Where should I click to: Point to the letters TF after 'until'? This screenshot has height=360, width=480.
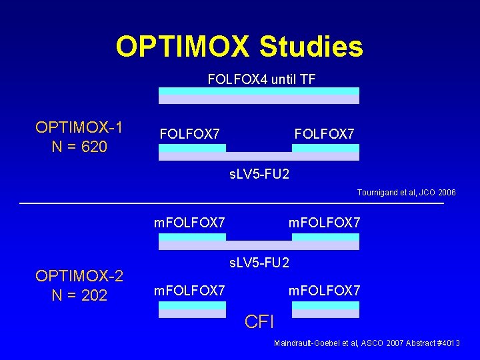307,79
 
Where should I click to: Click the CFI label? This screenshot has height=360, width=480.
259,323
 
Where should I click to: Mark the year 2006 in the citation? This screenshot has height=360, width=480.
447,192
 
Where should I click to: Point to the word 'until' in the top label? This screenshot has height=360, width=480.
281,79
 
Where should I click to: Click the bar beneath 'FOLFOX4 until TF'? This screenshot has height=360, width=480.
259,96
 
